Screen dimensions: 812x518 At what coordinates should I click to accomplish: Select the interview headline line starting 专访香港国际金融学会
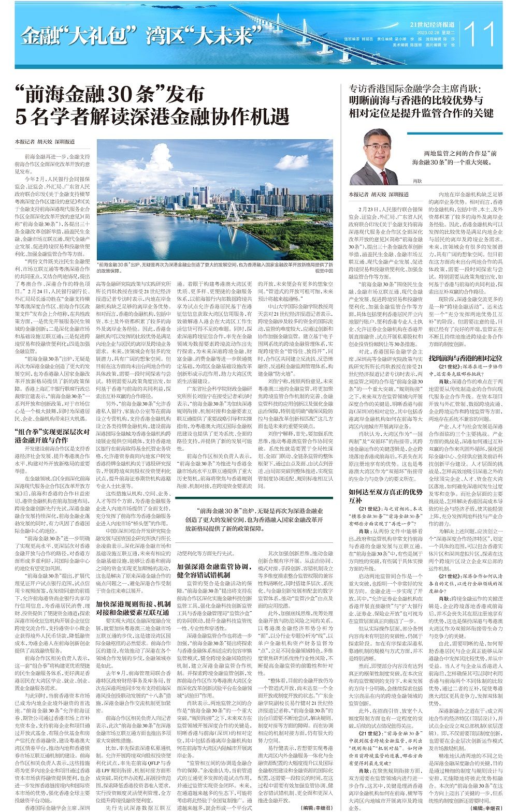pyautogui.click(x=415, y=88)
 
